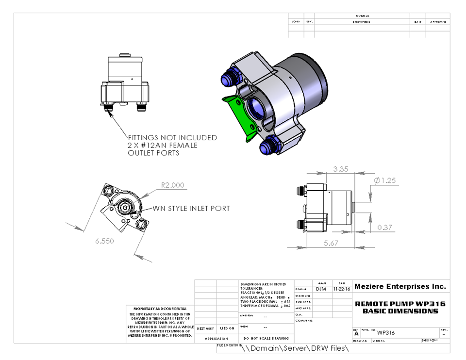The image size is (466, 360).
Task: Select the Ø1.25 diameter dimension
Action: [x=385, y=180]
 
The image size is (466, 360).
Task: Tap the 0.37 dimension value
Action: [x=384, y=228]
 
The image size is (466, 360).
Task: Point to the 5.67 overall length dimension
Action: [x=331, y=243]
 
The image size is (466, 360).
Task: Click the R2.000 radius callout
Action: [x=172, y=185]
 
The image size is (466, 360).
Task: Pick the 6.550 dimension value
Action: [x=104, y=241]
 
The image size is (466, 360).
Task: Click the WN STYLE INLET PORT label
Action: [x=191, y=209]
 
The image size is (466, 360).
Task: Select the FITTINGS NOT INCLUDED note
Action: [x=172, y=138]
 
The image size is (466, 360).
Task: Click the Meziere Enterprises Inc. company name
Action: [x=400, y=287]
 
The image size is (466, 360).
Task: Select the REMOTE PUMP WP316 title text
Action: [x=400, y=304]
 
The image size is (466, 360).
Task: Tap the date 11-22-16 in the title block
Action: [x=342, y=289]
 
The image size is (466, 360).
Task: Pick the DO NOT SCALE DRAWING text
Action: [x=266, y=338]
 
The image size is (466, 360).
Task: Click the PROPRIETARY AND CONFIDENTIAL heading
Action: [x=160, y=308]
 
